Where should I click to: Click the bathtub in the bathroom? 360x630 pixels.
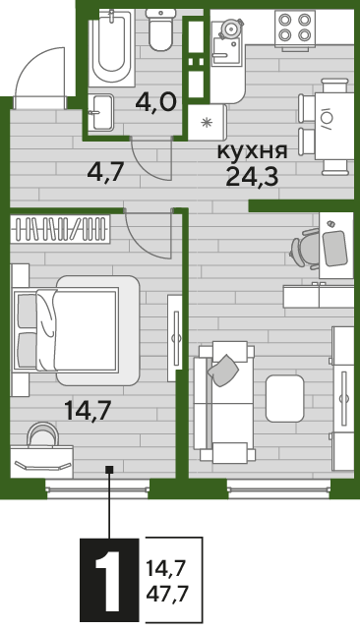tap(111, 47)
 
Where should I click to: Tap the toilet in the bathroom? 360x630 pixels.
tap(161, 29)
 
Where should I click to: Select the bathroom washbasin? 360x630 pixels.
tap(100, 112)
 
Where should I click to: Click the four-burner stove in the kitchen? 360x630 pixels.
tap(295, 28)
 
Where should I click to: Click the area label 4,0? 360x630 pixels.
tap(156, 103)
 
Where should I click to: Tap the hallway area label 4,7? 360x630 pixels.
tap(105, 172)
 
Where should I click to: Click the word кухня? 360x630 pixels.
tap(253, 152)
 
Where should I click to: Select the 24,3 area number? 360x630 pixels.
tap(252, 176)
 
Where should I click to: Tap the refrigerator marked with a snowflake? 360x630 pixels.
tap(208, 122)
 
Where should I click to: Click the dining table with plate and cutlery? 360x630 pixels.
tap(333, 126)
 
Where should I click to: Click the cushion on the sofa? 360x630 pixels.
tap(223, 371)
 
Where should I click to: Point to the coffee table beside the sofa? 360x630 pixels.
tap(285, 399)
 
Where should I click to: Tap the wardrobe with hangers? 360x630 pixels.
tap(60, 229)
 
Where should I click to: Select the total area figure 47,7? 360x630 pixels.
tap(167, 593)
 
